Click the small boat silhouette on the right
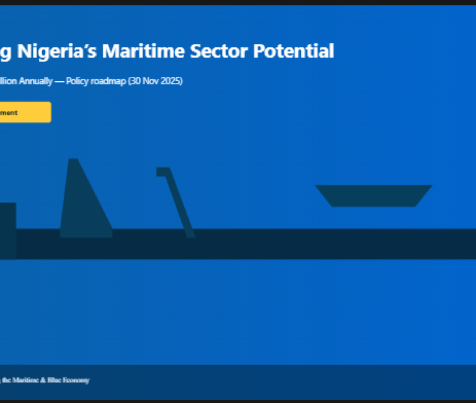[373, 195]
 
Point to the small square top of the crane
[162, 172]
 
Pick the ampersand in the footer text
[43, 380]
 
